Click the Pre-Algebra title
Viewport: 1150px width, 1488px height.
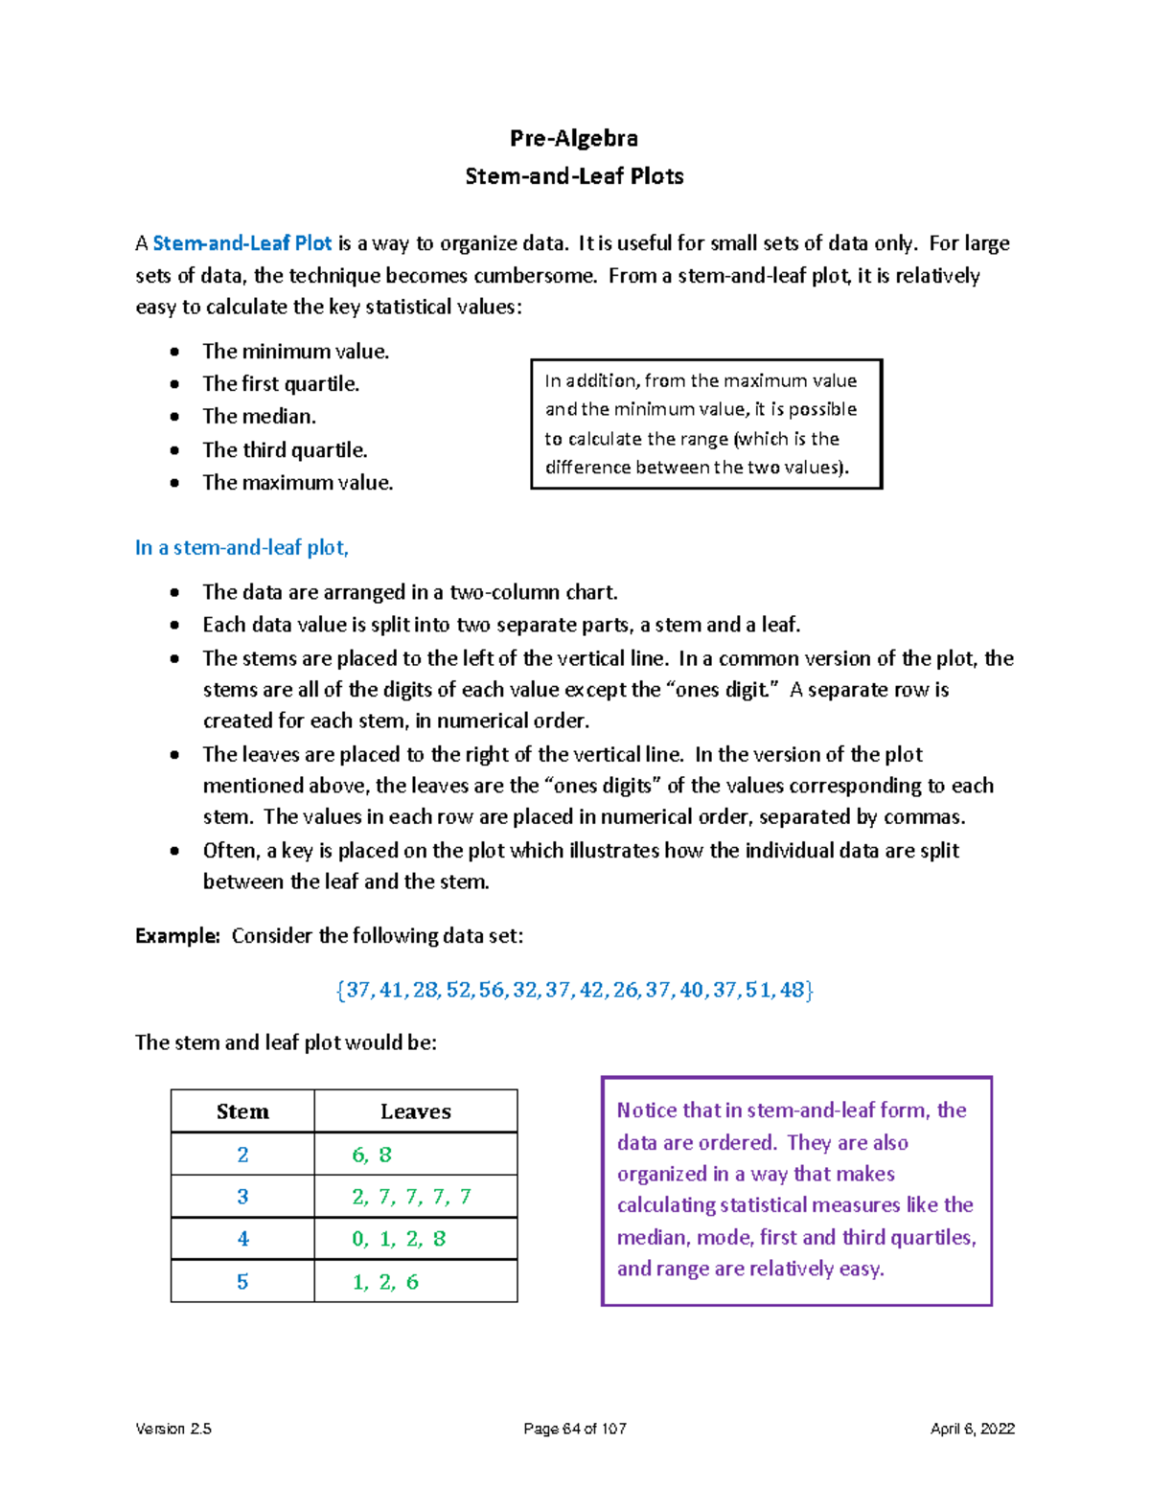tap(573, 138)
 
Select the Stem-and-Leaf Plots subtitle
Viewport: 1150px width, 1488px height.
tap(574, 176)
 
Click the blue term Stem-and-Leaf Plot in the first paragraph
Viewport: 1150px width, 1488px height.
tap(242, 243)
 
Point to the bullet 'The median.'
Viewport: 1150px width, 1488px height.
tap(259, 417)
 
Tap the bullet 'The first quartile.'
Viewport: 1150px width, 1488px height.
tap(281, 384)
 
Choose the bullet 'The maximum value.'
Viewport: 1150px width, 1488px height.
tap(297, 483)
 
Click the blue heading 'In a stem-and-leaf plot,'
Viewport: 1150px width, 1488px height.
tap(241, 548)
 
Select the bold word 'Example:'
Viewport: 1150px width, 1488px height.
tap(177, 936)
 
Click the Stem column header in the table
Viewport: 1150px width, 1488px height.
tap(242, 1111)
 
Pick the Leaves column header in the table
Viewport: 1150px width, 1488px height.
tap(415, 1111)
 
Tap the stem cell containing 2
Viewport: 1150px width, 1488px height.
tap(242, 1155)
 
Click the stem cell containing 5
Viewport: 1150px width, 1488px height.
tap(242, 1282)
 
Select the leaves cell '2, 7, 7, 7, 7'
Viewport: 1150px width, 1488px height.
tap(411, 1197)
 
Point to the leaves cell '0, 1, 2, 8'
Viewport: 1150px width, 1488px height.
tap(399, 1239)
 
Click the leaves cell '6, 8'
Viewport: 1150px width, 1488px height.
tap(372, 1155)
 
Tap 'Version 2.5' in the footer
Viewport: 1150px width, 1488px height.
tap(173, 1429)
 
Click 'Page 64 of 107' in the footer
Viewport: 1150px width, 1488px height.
tap(575, 1429)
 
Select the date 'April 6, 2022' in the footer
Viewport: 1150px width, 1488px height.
tap(972, 1429)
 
